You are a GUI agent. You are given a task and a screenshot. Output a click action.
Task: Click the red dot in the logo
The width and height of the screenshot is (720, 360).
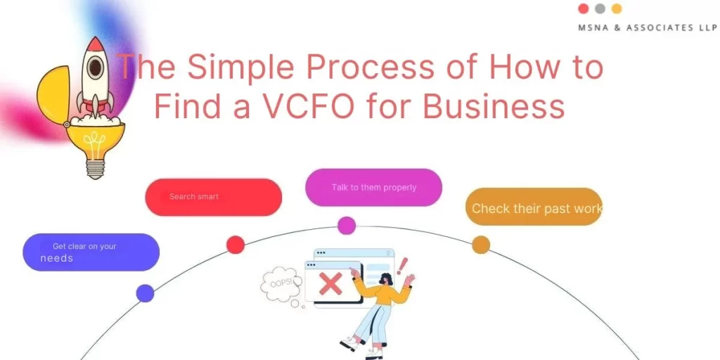[x=583, y=9]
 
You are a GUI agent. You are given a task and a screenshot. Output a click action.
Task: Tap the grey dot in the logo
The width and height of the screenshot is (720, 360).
[x=600, y=9]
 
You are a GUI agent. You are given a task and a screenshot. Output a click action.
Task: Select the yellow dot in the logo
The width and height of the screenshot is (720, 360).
[x=617, y=9]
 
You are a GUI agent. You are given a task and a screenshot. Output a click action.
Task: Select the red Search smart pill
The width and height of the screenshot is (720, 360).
[x=213, y=197]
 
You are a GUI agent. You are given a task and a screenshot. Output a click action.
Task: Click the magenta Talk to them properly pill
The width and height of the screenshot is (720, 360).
[x=373, y=188]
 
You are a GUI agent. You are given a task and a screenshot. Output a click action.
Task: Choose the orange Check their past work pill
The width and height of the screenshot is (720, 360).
[x=534, y=207]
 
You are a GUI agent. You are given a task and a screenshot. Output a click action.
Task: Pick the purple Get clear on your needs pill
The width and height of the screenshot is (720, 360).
[x=91, y=252]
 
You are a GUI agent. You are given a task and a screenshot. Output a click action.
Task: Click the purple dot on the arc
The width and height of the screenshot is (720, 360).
[x=145, y=293]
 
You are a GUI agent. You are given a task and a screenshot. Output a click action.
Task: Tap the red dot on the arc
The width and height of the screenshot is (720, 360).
[x=236, y=245]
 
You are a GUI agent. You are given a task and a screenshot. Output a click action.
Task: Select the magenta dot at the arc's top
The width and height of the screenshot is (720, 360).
[x=347, y=226]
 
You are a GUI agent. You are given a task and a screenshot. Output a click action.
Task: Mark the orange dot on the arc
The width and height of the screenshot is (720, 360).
[x=481, y=245]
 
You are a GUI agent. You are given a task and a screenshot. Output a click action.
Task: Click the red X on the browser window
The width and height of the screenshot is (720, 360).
[x=330, y=284]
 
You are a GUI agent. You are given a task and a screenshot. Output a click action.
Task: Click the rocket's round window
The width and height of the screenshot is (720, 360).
[x=94, y=67]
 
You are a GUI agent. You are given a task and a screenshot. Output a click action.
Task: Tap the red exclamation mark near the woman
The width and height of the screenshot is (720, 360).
[x=403, y=266]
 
